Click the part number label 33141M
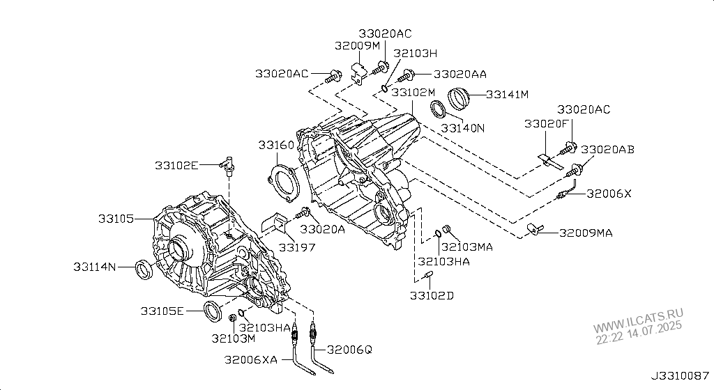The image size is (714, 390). tap(508, 94)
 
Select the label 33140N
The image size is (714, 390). tap(462, 128)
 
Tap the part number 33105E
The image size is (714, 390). tap(162, 311)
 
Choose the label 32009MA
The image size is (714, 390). tap(586, 233)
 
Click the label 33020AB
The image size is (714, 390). tap(607, 149)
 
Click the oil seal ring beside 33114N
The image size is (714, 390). tap(145, 270)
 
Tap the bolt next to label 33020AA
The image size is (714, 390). tap(410, 74)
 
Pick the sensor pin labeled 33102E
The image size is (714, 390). tap(227, 165)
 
